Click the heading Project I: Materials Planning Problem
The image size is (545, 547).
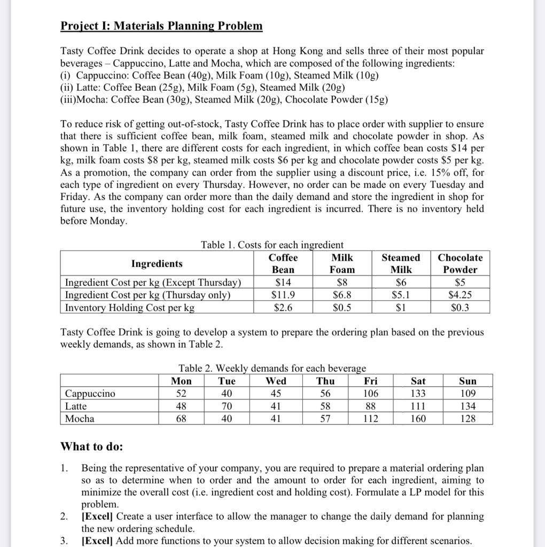pyautogui.click(x=161, y=26)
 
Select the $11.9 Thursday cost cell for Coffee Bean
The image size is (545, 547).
pyautogui.click(x=283, y=295)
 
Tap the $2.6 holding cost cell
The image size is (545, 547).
pyautogui.click(x=283, y=308)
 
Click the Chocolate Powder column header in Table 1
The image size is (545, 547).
pyautogui.click(x=460, y=263)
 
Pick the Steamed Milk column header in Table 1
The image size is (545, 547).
pyautogui.click(x=401, y=263)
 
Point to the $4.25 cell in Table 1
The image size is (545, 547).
pyautogui.click(x=460, y=295)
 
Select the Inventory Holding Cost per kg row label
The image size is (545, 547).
pyautogui.click(x=130, y=308)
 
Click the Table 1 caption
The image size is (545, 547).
pyautogui.click(x=272, y=245)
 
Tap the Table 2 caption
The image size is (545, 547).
pyautogui.click(x=272, y=368)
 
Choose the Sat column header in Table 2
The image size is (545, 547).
pyautogui.click(x=418, y=381)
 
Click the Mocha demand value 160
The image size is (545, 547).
pyautogui.click(x=418, y=419)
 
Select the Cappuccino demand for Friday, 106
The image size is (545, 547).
pyautogui.click(x=370, y=394)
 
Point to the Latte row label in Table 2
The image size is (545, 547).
pyautogui.click(x=76, y=407)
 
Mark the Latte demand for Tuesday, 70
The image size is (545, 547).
pyautogui.click(x=227, y=407)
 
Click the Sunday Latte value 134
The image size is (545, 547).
pyautogui.click(x=468, y=407)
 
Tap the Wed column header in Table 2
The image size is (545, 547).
pyautogui.click(x=276, y=381)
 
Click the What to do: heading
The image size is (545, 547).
pyautogui.click(x=91, y=446)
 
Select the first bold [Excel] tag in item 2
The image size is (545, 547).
pyautogui.click(x=97, y=517)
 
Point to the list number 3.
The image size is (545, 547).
pyautogui.click(x=64, y=541)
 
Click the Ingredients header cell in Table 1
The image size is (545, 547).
pyautogui.click(x=157, y=263)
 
